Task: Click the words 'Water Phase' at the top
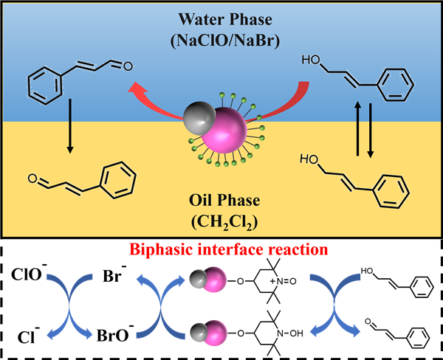(221, 16)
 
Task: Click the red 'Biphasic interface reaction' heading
(221, 249)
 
